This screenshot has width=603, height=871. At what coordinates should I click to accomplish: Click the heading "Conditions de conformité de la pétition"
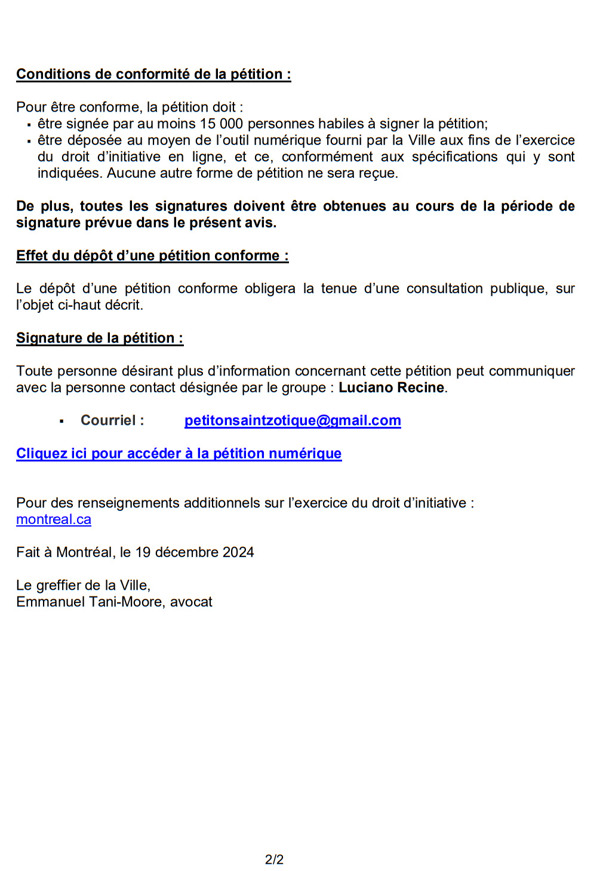153,74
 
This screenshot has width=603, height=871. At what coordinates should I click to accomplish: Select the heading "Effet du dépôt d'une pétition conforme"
152,256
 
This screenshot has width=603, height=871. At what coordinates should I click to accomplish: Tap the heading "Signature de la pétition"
100,338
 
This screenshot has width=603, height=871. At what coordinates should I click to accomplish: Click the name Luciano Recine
391,387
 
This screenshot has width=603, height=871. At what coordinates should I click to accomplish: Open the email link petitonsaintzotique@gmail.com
293,420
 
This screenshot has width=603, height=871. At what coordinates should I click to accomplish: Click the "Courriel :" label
112,420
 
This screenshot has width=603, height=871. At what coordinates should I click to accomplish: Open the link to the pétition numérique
179,453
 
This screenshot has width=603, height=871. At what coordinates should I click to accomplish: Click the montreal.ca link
54,519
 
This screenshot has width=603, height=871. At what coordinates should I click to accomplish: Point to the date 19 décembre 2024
195,552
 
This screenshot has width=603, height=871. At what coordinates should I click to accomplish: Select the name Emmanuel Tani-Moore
90,602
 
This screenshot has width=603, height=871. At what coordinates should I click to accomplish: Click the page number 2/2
274,859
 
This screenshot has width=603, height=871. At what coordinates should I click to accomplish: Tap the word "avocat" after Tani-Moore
191,602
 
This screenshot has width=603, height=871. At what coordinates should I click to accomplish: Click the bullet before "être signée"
29,125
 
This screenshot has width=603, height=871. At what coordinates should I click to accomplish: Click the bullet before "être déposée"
29,141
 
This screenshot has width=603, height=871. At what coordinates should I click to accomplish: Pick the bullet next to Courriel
61,421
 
